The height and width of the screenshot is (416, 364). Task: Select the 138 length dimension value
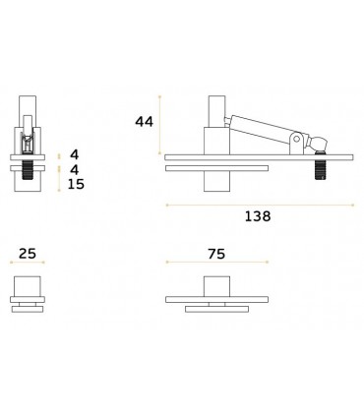[257, 216]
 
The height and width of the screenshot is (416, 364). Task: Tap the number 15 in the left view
[76, 184]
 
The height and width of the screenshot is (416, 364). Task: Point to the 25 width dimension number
[28, 254]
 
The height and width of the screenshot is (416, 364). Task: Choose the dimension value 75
[215, 254]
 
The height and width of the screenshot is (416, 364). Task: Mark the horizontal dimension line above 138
[258, 204]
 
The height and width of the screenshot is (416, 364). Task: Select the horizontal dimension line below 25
[28, 266]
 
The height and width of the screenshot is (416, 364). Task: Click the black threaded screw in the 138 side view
[321, 171]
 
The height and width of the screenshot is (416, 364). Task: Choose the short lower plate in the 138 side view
[215, 169]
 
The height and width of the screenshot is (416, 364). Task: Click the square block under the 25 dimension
[28, 287]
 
